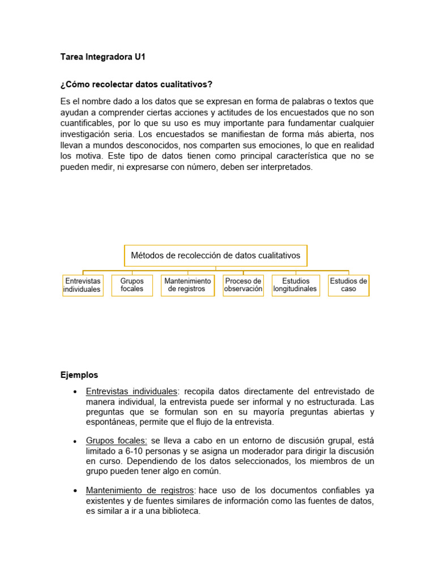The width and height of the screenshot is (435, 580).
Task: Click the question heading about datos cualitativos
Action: (x=136, y=84)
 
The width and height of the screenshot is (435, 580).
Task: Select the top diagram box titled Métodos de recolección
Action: (x=216, y=255)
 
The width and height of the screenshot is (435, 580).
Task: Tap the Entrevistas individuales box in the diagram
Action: (x=83, y=285)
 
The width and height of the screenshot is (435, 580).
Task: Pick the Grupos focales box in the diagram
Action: (x=132, y=285)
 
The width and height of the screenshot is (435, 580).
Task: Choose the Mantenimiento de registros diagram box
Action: (x=187, y=285)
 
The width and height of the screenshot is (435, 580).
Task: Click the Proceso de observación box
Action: (x=243, y=285)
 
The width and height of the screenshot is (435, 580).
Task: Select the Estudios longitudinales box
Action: (x=295, y=285)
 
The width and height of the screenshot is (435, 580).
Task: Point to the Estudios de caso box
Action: (x=348, y=285)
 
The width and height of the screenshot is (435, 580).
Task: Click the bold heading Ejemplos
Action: (x=79, y=375)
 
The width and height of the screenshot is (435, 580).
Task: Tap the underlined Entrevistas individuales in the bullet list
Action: (x=131, y=391)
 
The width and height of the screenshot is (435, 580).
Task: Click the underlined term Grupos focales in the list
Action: (x=117, y=441)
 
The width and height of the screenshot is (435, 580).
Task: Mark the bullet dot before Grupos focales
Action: (x=75, y=441)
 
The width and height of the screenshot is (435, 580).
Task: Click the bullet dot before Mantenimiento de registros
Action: (x=75, y=491)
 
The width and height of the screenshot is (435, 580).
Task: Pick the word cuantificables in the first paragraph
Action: (x=87, y=122)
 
